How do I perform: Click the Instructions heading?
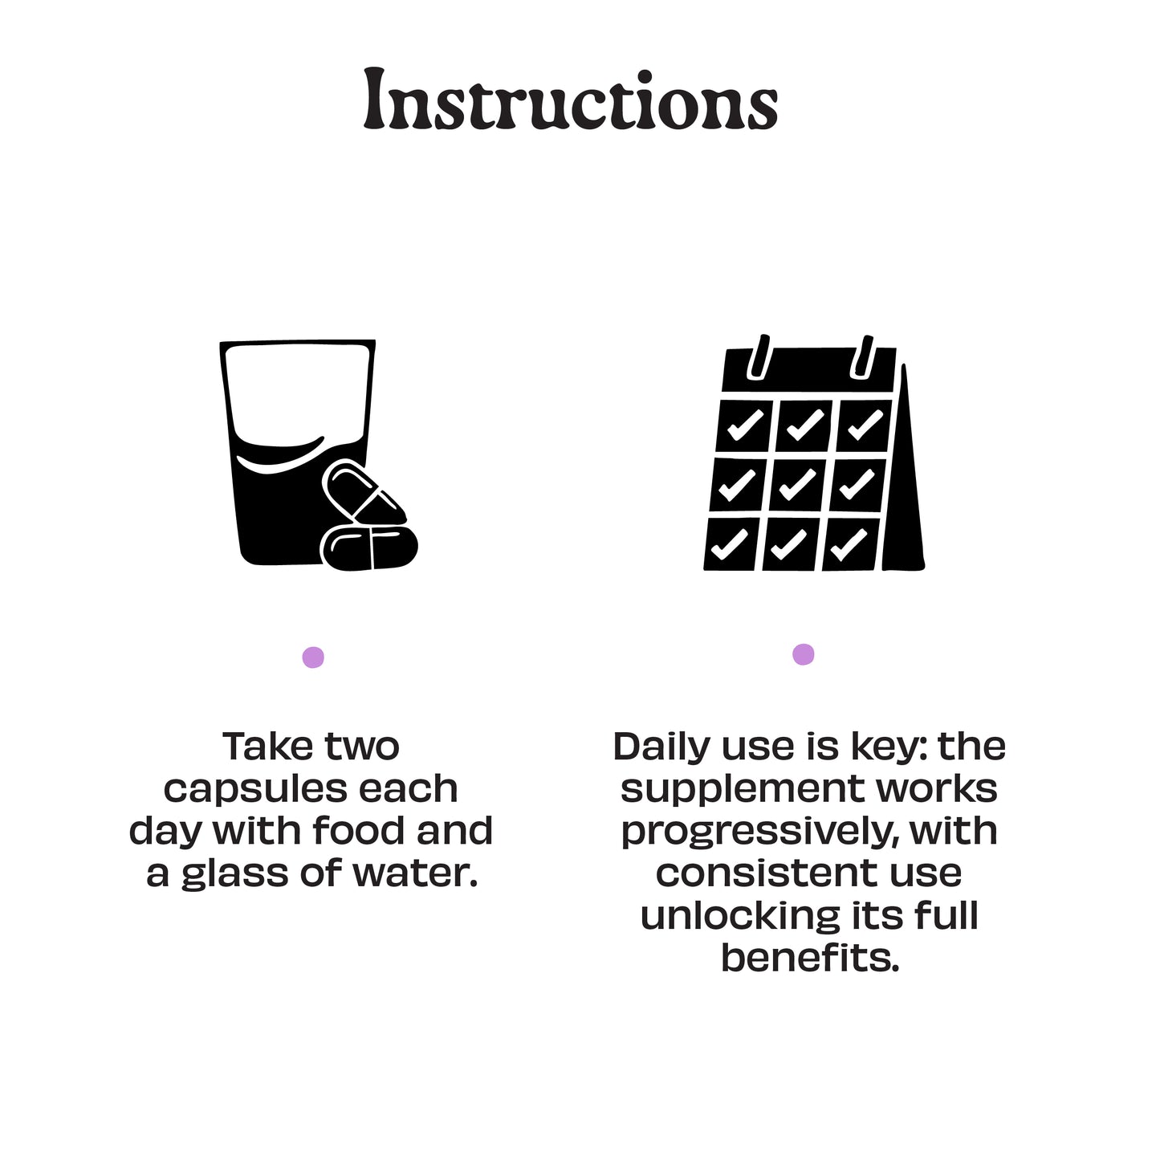[570, 100]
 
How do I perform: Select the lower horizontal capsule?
[369, 547]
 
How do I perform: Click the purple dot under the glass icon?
[313, 657]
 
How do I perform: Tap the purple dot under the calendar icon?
[803, 653]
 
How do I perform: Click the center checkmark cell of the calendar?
[798, 484]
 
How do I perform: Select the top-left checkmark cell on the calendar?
[745, 425]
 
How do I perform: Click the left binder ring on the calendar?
[758, 357]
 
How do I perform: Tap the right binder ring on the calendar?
[861, 357]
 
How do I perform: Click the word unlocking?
[740, 916]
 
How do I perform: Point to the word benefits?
[810, 957]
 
